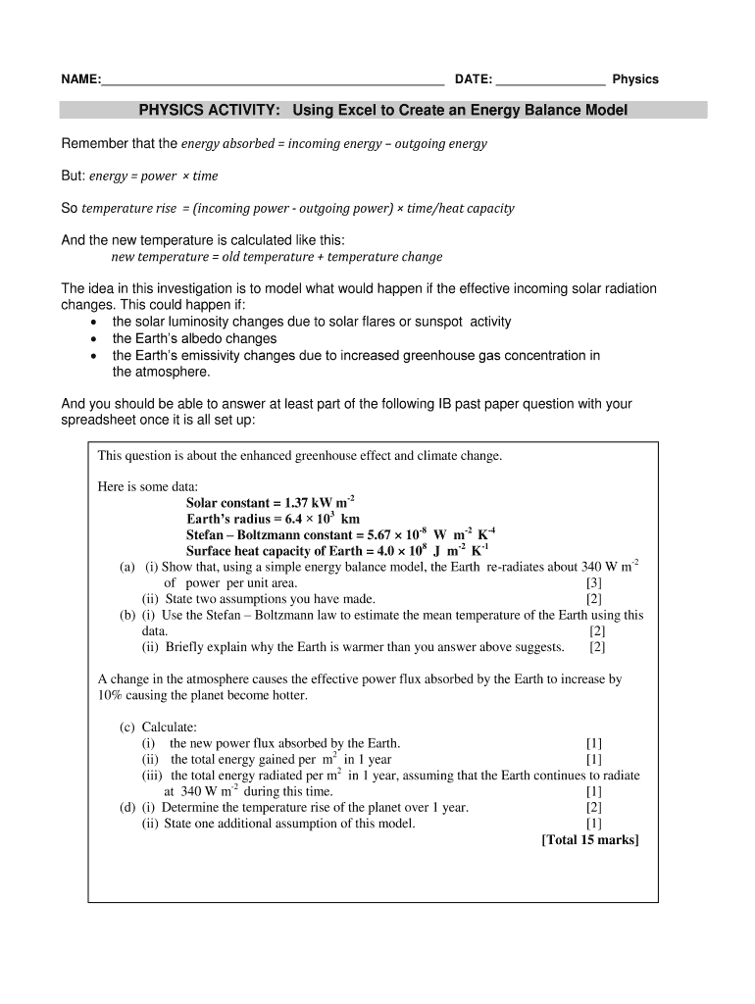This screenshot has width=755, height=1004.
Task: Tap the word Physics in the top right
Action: pyautogui.click(x=635, y=79)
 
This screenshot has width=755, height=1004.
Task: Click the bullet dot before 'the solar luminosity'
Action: pyautogui.click(x=92, y=323)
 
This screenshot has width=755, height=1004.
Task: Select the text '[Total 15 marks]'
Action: pyautogui.click(x=589, y=839)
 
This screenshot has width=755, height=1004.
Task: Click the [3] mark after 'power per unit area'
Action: pyautogui.click(x=593, y=582)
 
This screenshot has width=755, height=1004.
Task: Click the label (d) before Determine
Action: pyautogui.click(x=127, y=807)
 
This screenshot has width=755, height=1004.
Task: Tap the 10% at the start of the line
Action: pyautogui.click(x=111, y=695)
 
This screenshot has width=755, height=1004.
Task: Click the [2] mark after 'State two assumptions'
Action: pyautogui.click(x=594, y=598)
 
